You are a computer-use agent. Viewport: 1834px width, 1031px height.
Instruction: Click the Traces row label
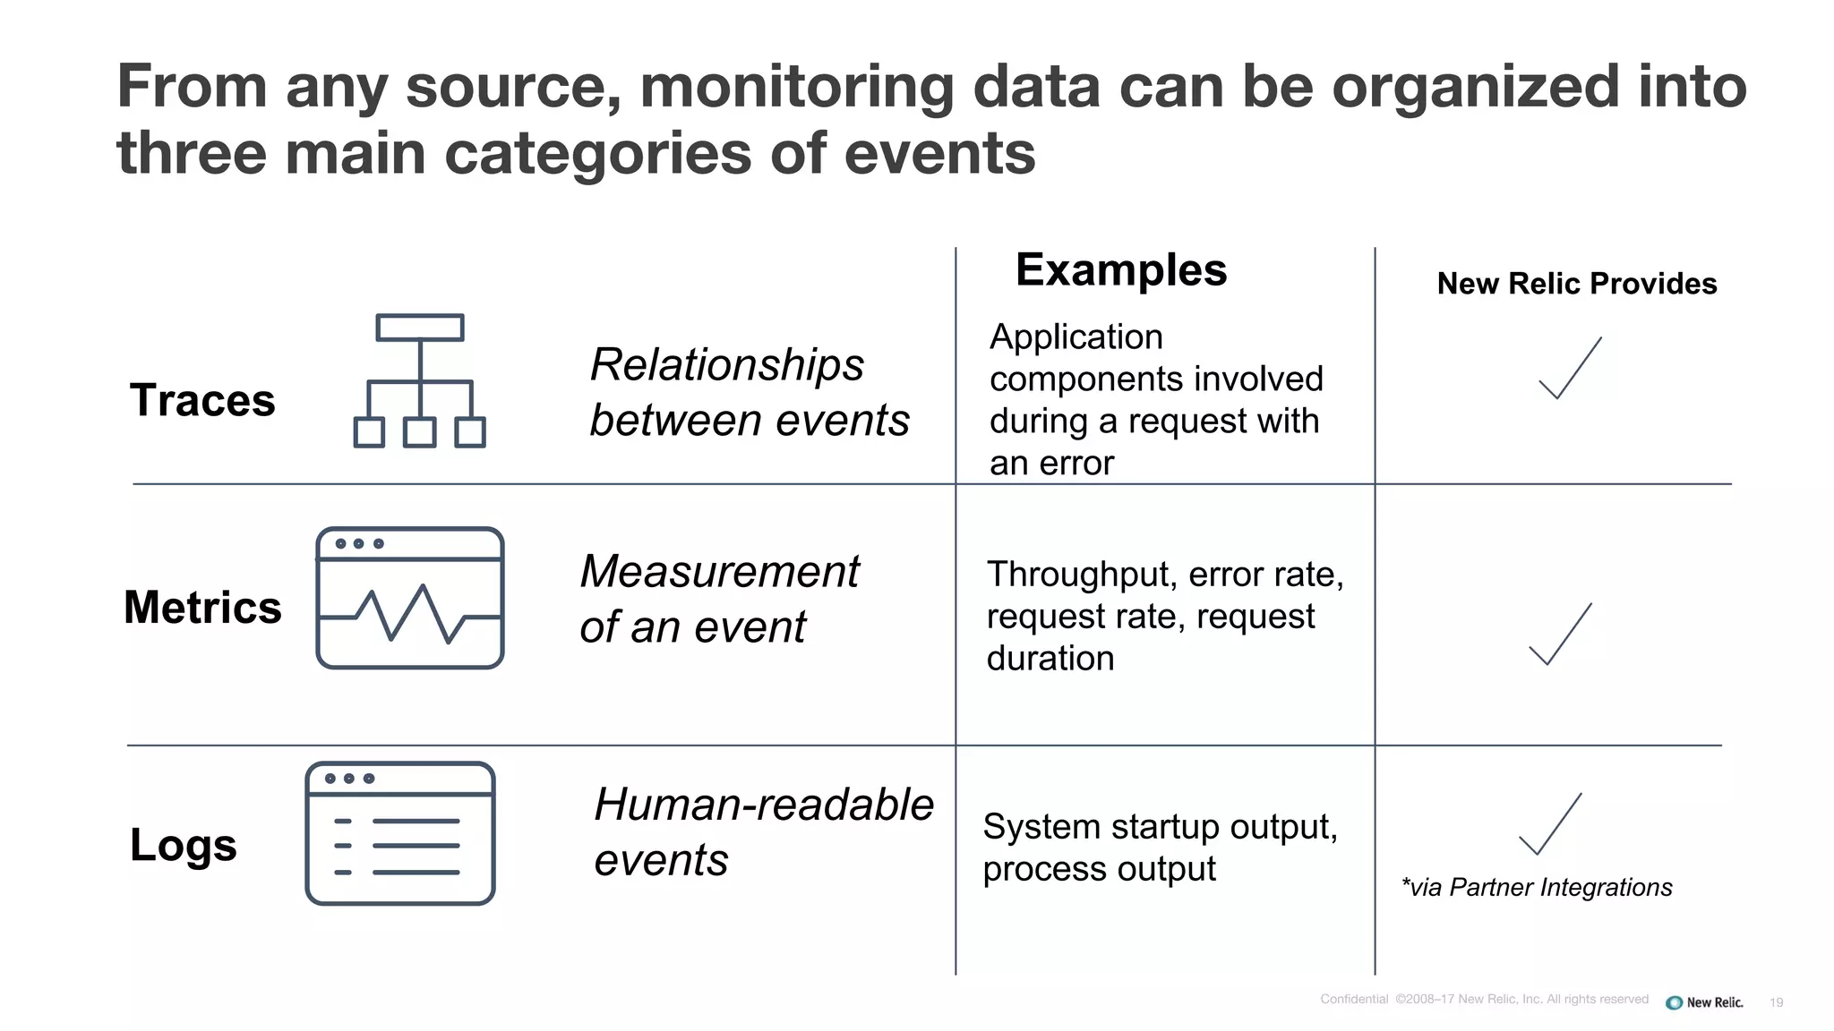pyautogui.click(x=202, y=400)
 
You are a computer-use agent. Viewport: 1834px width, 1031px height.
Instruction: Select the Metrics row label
pyautogui.click(x=202, y=608)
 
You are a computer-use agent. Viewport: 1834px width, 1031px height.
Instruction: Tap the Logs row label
pyautogui.click(x=184, y=845)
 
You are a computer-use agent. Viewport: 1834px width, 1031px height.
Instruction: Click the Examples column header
pyautogui.click(x=1120, y=270)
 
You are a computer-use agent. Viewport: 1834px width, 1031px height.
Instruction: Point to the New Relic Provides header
pyautogui.click(x=1576, y=284)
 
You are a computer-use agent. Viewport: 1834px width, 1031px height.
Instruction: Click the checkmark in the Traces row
pyautogui.click(x=1570, y=369)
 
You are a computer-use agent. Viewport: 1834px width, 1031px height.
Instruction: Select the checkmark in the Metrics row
pyautogui.click(x=1560, y=635)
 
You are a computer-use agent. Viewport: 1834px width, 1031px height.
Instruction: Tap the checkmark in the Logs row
pyautogui.click(x=1550, y=824)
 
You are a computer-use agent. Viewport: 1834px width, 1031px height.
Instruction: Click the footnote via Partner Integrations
pyautogui.click(x=1537, y=887)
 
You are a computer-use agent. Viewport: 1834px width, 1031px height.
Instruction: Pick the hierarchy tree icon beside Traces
pyautogui.click(x=419, y=381)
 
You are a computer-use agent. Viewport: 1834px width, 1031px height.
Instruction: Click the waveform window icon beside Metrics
pyautogui.click(x=410, y=598)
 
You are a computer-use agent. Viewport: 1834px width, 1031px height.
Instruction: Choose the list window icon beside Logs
pyautogui.click(x=400, y=833)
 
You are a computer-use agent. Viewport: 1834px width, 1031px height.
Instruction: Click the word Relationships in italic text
pyautogui.click(x=727, y=365)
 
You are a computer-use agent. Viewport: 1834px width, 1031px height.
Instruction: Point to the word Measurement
pyautogui.click(x=720, y=572)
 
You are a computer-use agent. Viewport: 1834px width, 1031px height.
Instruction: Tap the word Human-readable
pyautogui.click(x=764, y=805)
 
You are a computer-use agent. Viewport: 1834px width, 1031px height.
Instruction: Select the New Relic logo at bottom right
pyautogui.click(x=1704, y=1002)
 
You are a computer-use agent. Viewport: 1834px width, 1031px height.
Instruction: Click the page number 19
pyautogui.click(x=1777, y=1002)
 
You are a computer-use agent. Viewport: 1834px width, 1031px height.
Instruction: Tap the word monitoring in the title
pyautogui.click(x=797, y=87)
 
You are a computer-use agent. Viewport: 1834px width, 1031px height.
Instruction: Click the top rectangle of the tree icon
pyautogui.click(x=420, y=328)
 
